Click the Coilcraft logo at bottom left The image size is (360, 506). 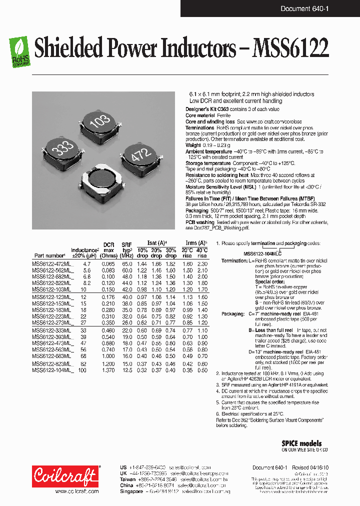pyautogui.click(x=65, y=475)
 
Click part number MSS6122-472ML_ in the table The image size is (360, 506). pyautogui.click(x=52, y=263)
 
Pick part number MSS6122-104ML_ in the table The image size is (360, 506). pyautogui.click(x=52, y=370)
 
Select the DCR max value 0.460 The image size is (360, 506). pyautogui.click(x=108, y=330)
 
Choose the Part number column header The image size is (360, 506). pyautogui.click(x=49, y=255)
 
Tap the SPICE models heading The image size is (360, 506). pyautogui.click(x=301, y=443)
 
